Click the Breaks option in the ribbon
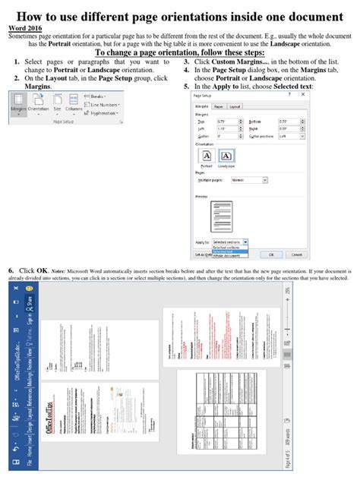96,96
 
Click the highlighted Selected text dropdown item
226,251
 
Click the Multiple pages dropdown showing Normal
249,181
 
